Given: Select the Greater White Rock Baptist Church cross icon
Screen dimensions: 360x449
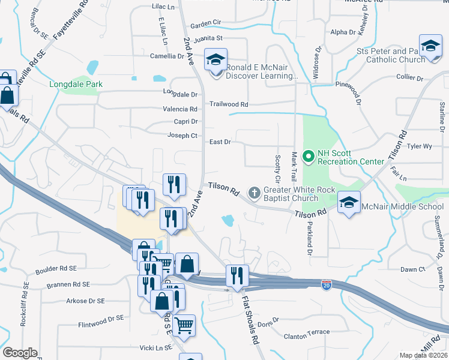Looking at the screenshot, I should pos(254,193).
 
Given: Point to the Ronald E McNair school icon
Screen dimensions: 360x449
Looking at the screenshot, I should pos(215,59).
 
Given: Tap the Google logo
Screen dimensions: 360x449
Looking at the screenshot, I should pos(20,353).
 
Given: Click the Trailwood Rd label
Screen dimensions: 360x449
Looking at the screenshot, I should pos(229,104).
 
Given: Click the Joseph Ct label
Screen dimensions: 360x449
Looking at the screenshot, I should pos(182,136).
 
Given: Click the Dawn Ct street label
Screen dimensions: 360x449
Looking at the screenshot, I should pos(413,269).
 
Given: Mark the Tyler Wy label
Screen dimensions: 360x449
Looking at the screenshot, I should pos(419,146).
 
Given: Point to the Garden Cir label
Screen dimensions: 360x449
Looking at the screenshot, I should pos(206,25).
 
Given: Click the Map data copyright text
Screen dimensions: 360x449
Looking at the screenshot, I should pos(424,355).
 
